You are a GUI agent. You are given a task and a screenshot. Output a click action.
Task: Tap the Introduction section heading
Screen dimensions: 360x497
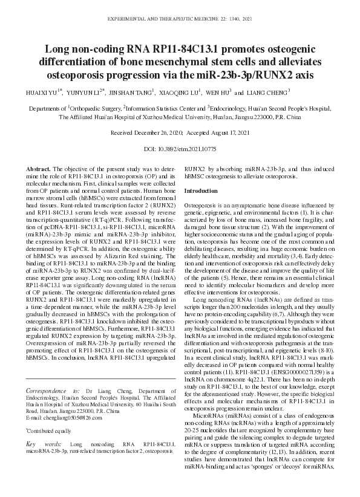point(201,191)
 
